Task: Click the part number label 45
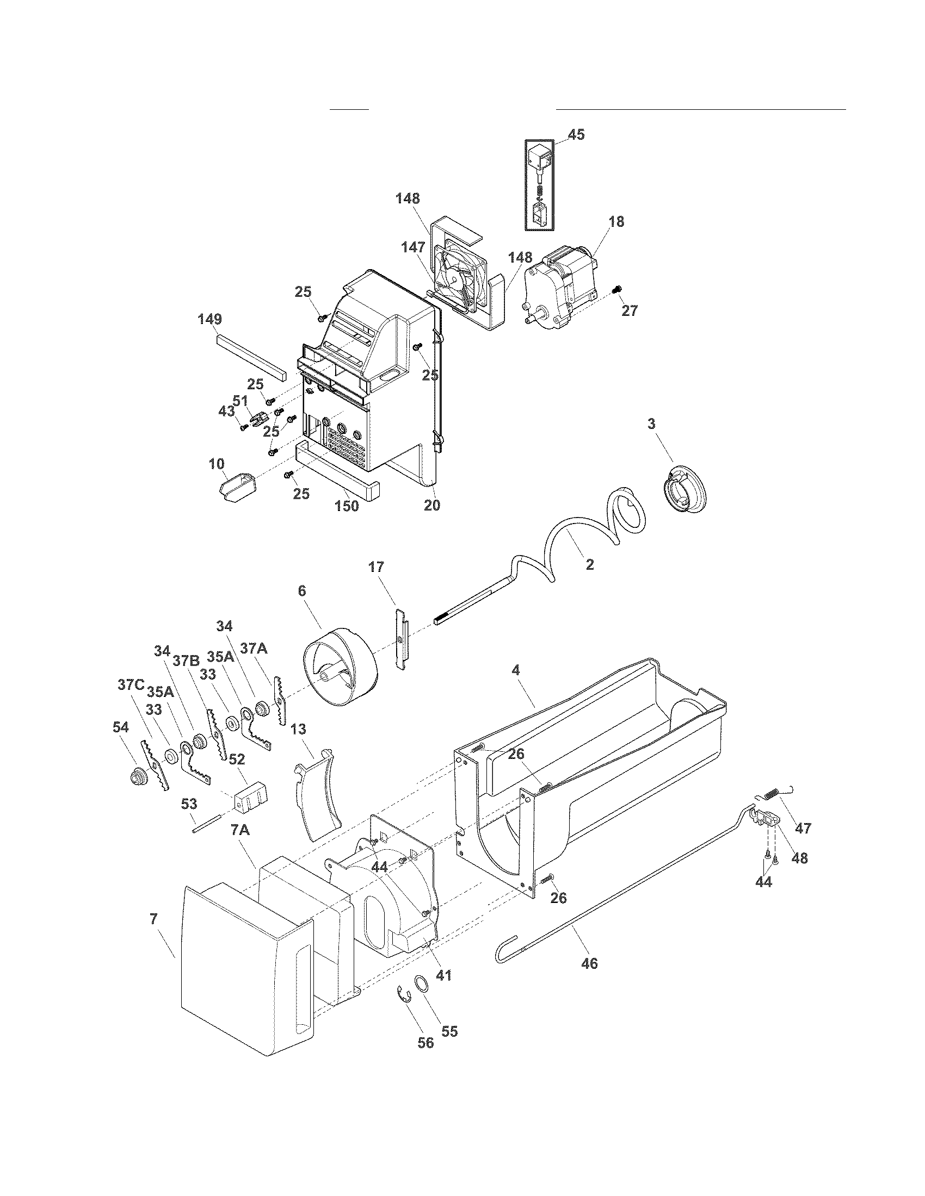[575, 135]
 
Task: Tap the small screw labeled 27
[618, 289]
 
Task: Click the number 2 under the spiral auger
[590, 565]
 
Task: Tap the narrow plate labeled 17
[403, 638]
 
